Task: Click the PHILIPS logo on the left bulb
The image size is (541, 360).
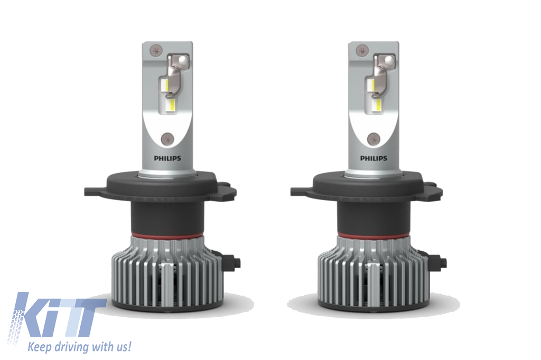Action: [x=167, y=158]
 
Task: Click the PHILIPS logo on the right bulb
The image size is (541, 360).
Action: [x=374, y=158]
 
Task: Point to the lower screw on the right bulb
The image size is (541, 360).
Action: [x=374, y=139]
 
